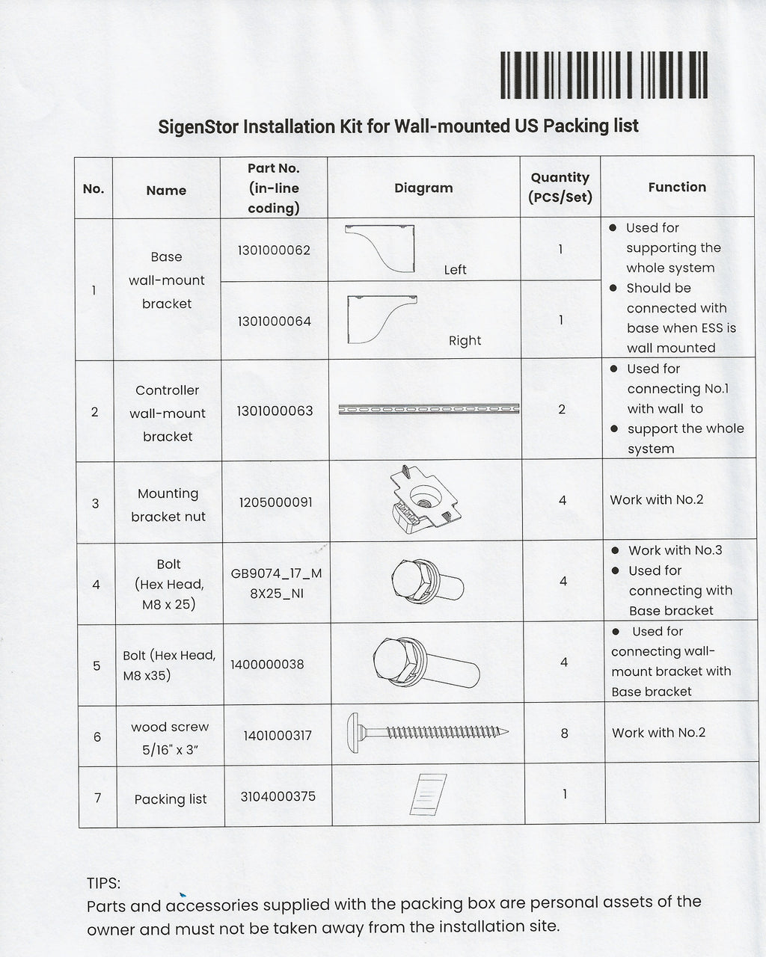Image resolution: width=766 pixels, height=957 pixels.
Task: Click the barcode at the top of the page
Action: click(x=604, y=75)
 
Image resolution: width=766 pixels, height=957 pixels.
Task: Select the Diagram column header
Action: click(x=423, y=188)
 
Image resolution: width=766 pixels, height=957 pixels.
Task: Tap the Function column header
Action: click(x=677, y=187)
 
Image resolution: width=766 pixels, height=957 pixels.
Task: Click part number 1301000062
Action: click(x=274, y=250)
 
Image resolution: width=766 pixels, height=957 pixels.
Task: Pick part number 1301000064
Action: click(x=275, y=321)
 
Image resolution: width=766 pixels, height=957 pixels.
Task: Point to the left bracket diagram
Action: click(x=380, y=248)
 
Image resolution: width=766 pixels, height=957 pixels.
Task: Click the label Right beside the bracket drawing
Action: click(x=465, y=341)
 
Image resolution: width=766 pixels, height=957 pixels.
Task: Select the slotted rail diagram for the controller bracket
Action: click(x=429, y=409)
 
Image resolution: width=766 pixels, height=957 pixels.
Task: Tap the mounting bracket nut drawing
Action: click(x=425, y=499)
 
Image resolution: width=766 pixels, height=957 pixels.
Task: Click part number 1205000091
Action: click(x=275, y=502)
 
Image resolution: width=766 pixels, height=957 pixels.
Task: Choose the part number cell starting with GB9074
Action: click(x=276, y=583)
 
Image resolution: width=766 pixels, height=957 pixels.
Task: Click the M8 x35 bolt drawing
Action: click(x=426, y=663)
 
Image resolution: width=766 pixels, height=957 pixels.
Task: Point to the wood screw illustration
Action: click(x=427, y=732)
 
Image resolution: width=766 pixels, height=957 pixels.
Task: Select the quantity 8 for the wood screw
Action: click(x=564, y=733)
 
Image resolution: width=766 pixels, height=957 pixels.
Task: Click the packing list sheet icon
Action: click(x=428, y=794)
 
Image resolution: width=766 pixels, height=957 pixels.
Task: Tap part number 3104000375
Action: click(x=278, y=796)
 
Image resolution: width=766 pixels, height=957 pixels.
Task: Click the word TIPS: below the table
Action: click(x=103, y=883)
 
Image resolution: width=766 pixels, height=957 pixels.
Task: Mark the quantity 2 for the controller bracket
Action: click(x=562, y=409)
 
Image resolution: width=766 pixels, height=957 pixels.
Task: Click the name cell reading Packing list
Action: click(x=171, y=799)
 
